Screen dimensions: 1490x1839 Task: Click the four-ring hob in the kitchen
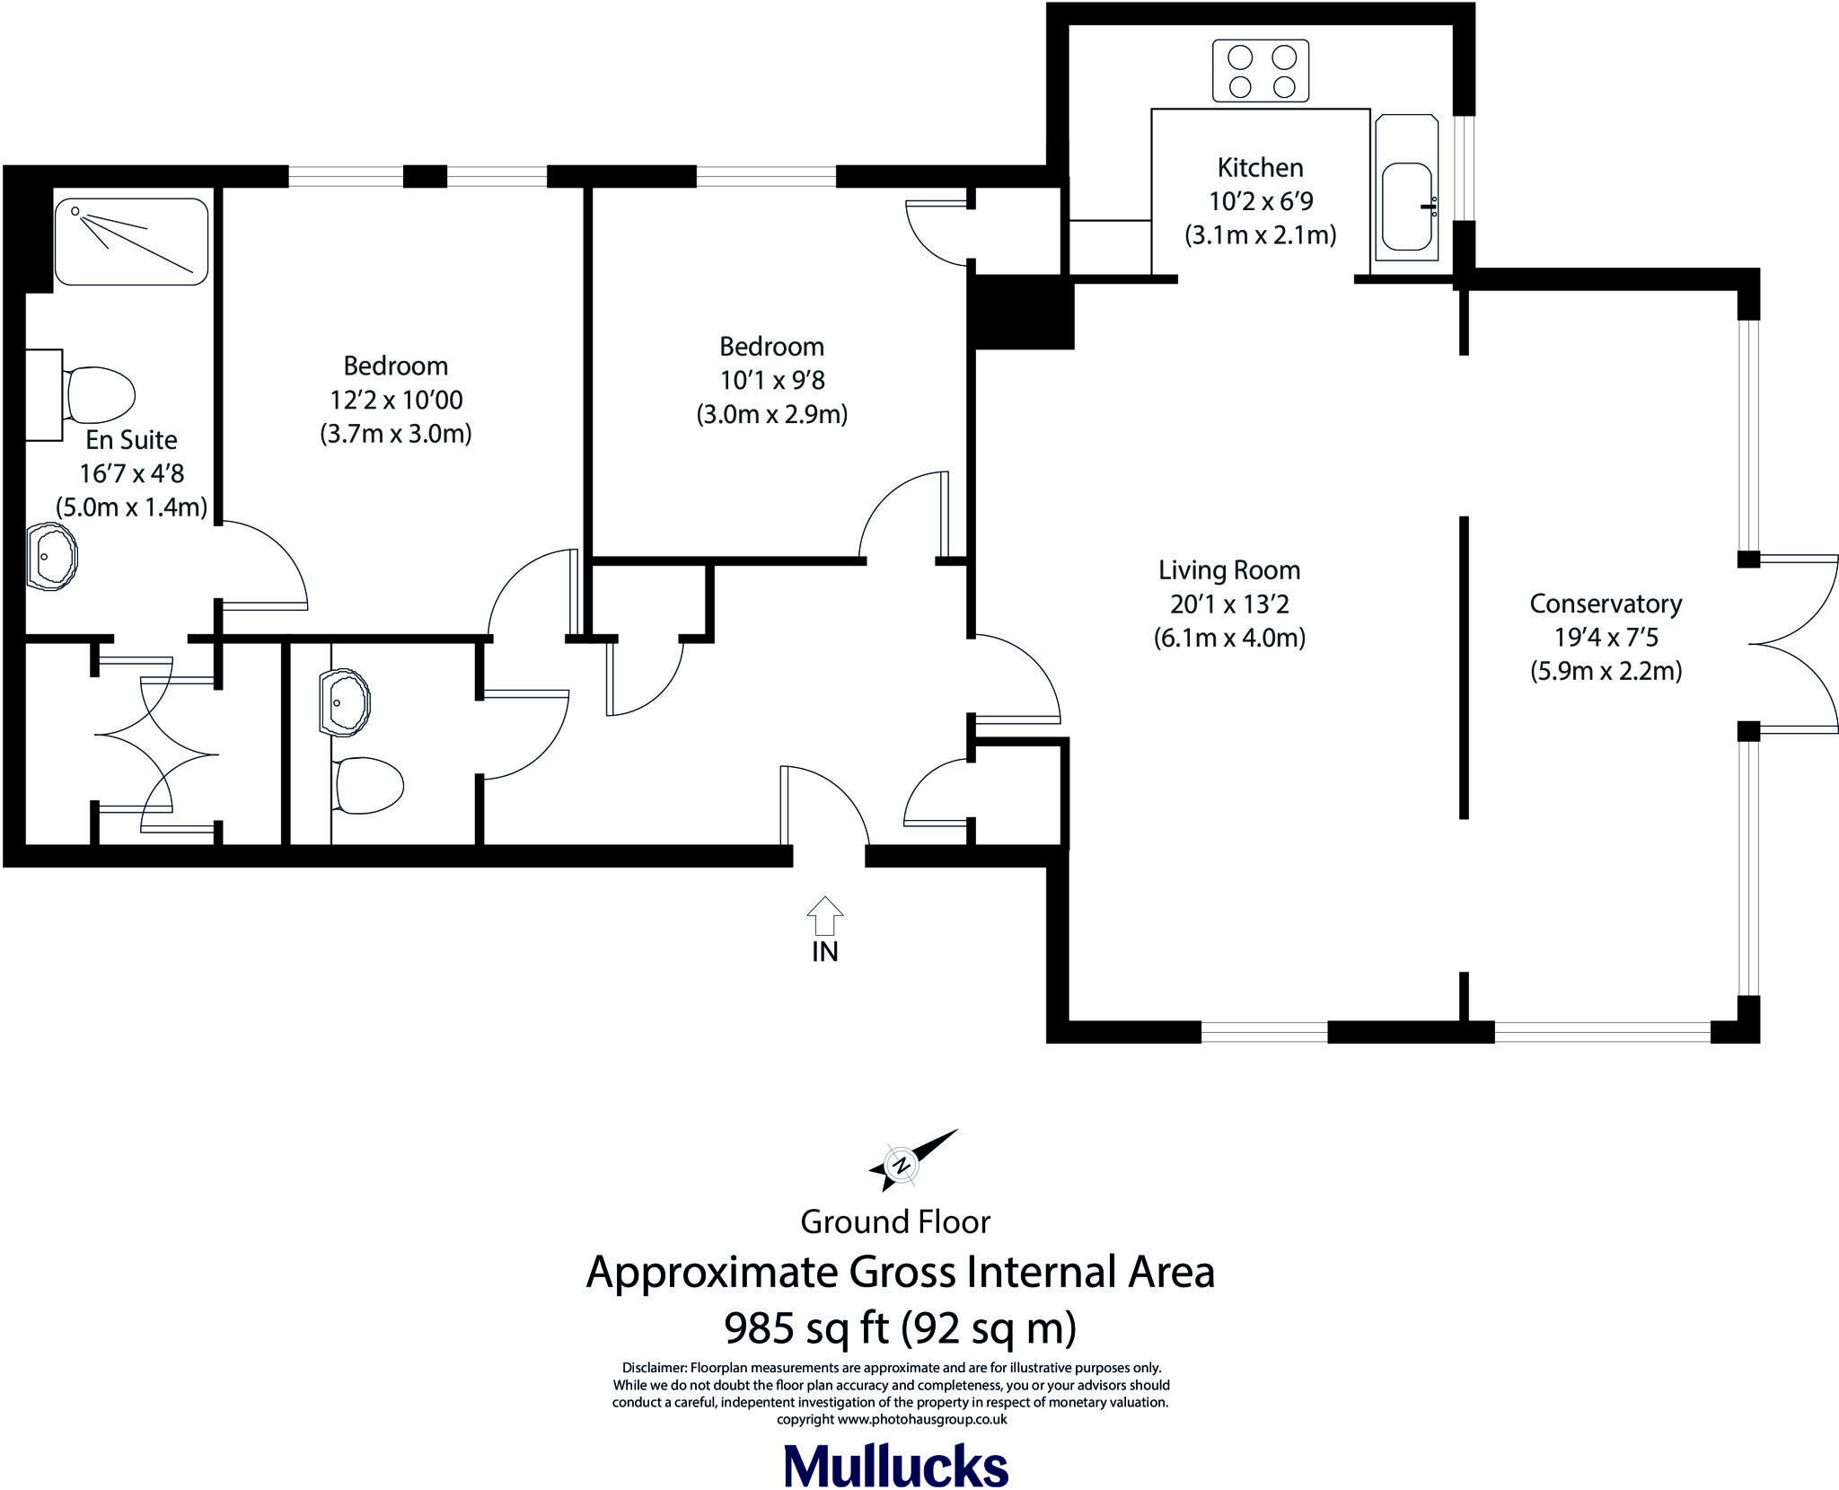[1261, 71]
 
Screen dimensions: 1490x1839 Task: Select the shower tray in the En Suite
[131, 242]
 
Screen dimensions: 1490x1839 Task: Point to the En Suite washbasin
[50, 557]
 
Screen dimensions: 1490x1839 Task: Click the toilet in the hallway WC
[368, 786]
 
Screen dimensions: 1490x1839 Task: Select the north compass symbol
[901, 1165]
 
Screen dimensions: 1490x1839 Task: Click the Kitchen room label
[1260, 167]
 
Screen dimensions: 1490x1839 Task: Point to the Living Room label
[1229, 570]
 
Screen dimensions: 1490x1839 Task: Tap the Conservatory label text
[1606, 604]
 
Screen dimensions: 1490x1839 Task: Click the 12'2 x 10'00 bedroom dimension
[396, 400]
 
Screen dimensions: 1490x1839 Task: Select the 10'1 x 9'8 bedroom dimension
[772, 380]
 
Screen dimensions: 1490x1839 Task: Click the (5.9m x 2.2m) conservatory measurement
[1606, 671]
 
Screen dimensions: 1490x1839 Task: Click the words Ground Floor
[895, 1221]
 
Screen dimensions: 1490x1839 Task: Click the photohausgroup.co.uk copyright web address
[922, 1420]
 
